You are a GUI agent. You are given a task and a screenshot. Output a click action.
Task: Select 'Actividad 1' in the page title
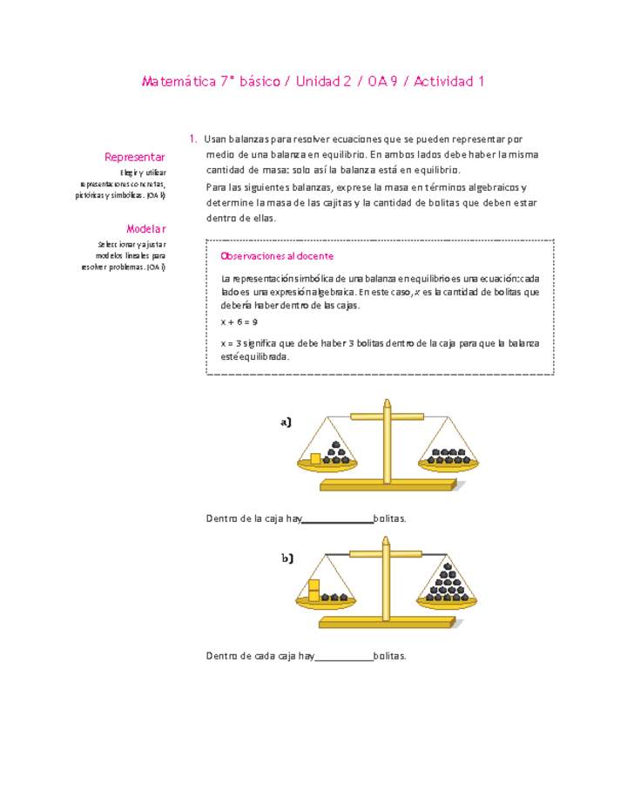[448, 82]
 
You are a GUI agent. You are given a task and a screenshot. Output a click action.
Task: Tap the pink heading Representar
[135, 157]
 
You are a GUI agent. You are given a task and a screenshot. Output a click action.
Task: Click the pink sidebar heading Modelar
[145, 229]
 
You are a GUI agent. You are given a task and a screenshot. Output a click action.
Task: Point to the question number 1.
[192, 139]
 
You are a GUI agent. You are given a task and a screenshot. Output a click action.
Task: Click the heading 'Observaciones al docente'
[278, 256]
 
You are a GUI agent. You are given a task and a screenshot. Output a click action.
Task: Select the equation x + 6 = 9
[239, 321]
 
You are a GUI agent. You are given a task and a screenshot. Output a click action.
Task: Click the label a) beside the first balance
[286, 423]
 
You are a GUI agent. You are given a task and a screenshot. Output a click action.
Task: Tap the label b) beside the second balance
[287, 558]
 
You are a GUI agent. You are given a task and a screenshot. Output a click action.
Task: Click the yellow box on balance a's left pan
[315, 458]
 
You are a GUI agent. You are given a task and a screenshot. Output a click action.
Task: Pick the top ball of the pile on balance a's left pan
[336, 443]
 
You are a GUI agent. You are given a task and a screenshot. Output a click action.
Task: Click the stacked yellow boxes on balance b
[314, 590]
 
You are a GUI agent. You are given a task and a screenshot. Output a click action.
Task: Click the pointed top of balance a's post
[387, 403]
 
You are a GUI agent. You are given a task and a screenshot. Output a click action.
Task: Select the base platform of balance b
[386, 622]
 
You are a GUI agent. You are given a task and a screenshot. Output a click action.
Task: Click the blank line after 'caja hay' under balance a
[337, 519]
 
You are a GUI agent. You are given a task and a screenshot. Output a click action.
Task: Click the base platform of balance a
[387, 484]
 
